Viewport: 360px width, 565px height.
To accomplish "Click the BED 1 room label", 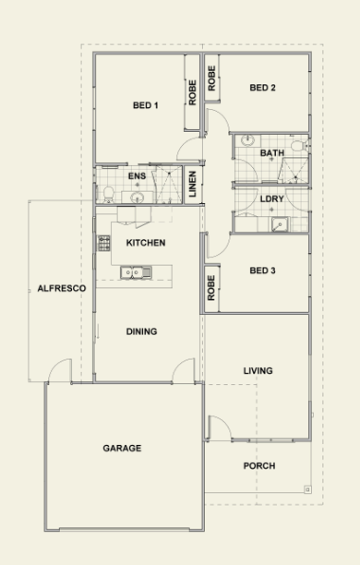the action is [x=145, y=105].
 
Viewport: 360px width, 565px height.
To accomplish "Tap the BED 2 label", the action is [x=262, y=88].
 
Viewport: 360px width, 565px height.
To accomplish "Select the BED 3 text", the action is [x=262, y=270].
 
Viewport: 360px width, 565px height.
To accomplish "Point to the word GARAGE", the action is [x=122, y=449].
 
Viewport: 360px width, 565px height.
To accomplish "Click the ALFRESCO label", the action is [x=62, y=288].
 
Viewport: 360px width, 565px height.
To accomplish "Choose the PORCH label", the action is [x=259, y=466].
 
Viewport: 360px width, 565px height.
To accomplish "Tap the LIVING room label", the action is [x=258, y=371].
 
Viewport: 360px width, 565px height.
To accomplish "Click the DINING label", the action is [x=141, y=331].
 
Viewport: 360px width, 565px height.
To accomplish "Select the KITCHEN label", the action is [x=146, y=243].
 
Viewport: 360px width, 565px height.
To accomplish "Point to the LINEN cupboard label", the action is [x=192, y=184].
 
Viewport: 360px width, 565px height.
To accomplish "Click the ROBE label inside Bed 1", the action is [x=192, y=92].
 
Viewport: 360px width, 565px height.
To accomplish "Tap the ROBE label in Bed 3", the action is [x=211, y=288].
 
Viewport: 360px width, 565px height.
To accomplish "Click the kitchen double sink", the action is [x=136, y=272].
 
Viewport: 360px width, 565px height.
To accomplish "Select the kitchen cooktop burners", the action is [x=103, y=243].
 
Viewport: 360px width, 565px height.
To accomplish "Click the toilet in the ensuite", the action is [x=108, y=195].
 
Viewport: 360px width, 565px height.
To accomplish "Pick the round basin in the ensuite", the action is [x=137, y=198].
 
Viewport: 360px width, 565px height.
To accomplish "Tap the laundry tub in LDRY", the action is [x=280, y=224].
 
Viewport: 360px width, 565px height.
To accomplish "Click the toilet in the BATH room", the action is [x=299, y=146].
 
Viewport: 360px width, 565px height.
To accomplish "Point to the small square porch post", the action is [x=307, y=489].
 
